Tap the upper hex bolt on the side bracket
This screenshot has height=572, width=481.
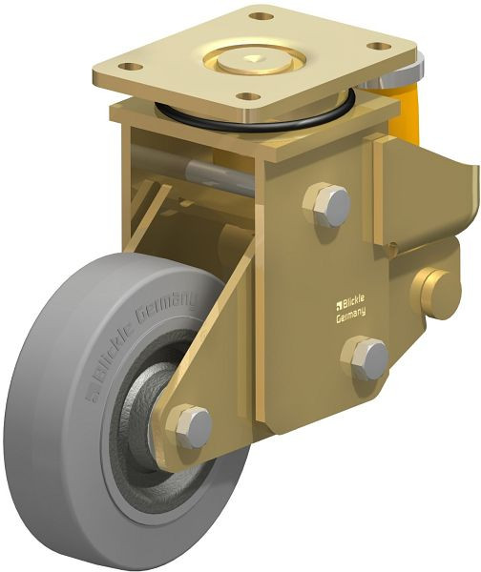[327, 206]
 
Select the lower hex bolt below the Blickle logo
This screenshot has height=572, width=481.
[365, 358]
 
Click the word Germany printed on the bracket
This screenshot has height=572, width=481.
[350, 315]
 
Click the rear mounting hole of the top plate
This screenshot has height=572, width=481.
[261, 16]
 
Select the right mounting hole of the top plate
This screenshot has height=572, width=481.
[379, 47]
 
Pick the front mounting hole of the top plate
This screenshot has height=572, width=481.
[248, 96]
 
